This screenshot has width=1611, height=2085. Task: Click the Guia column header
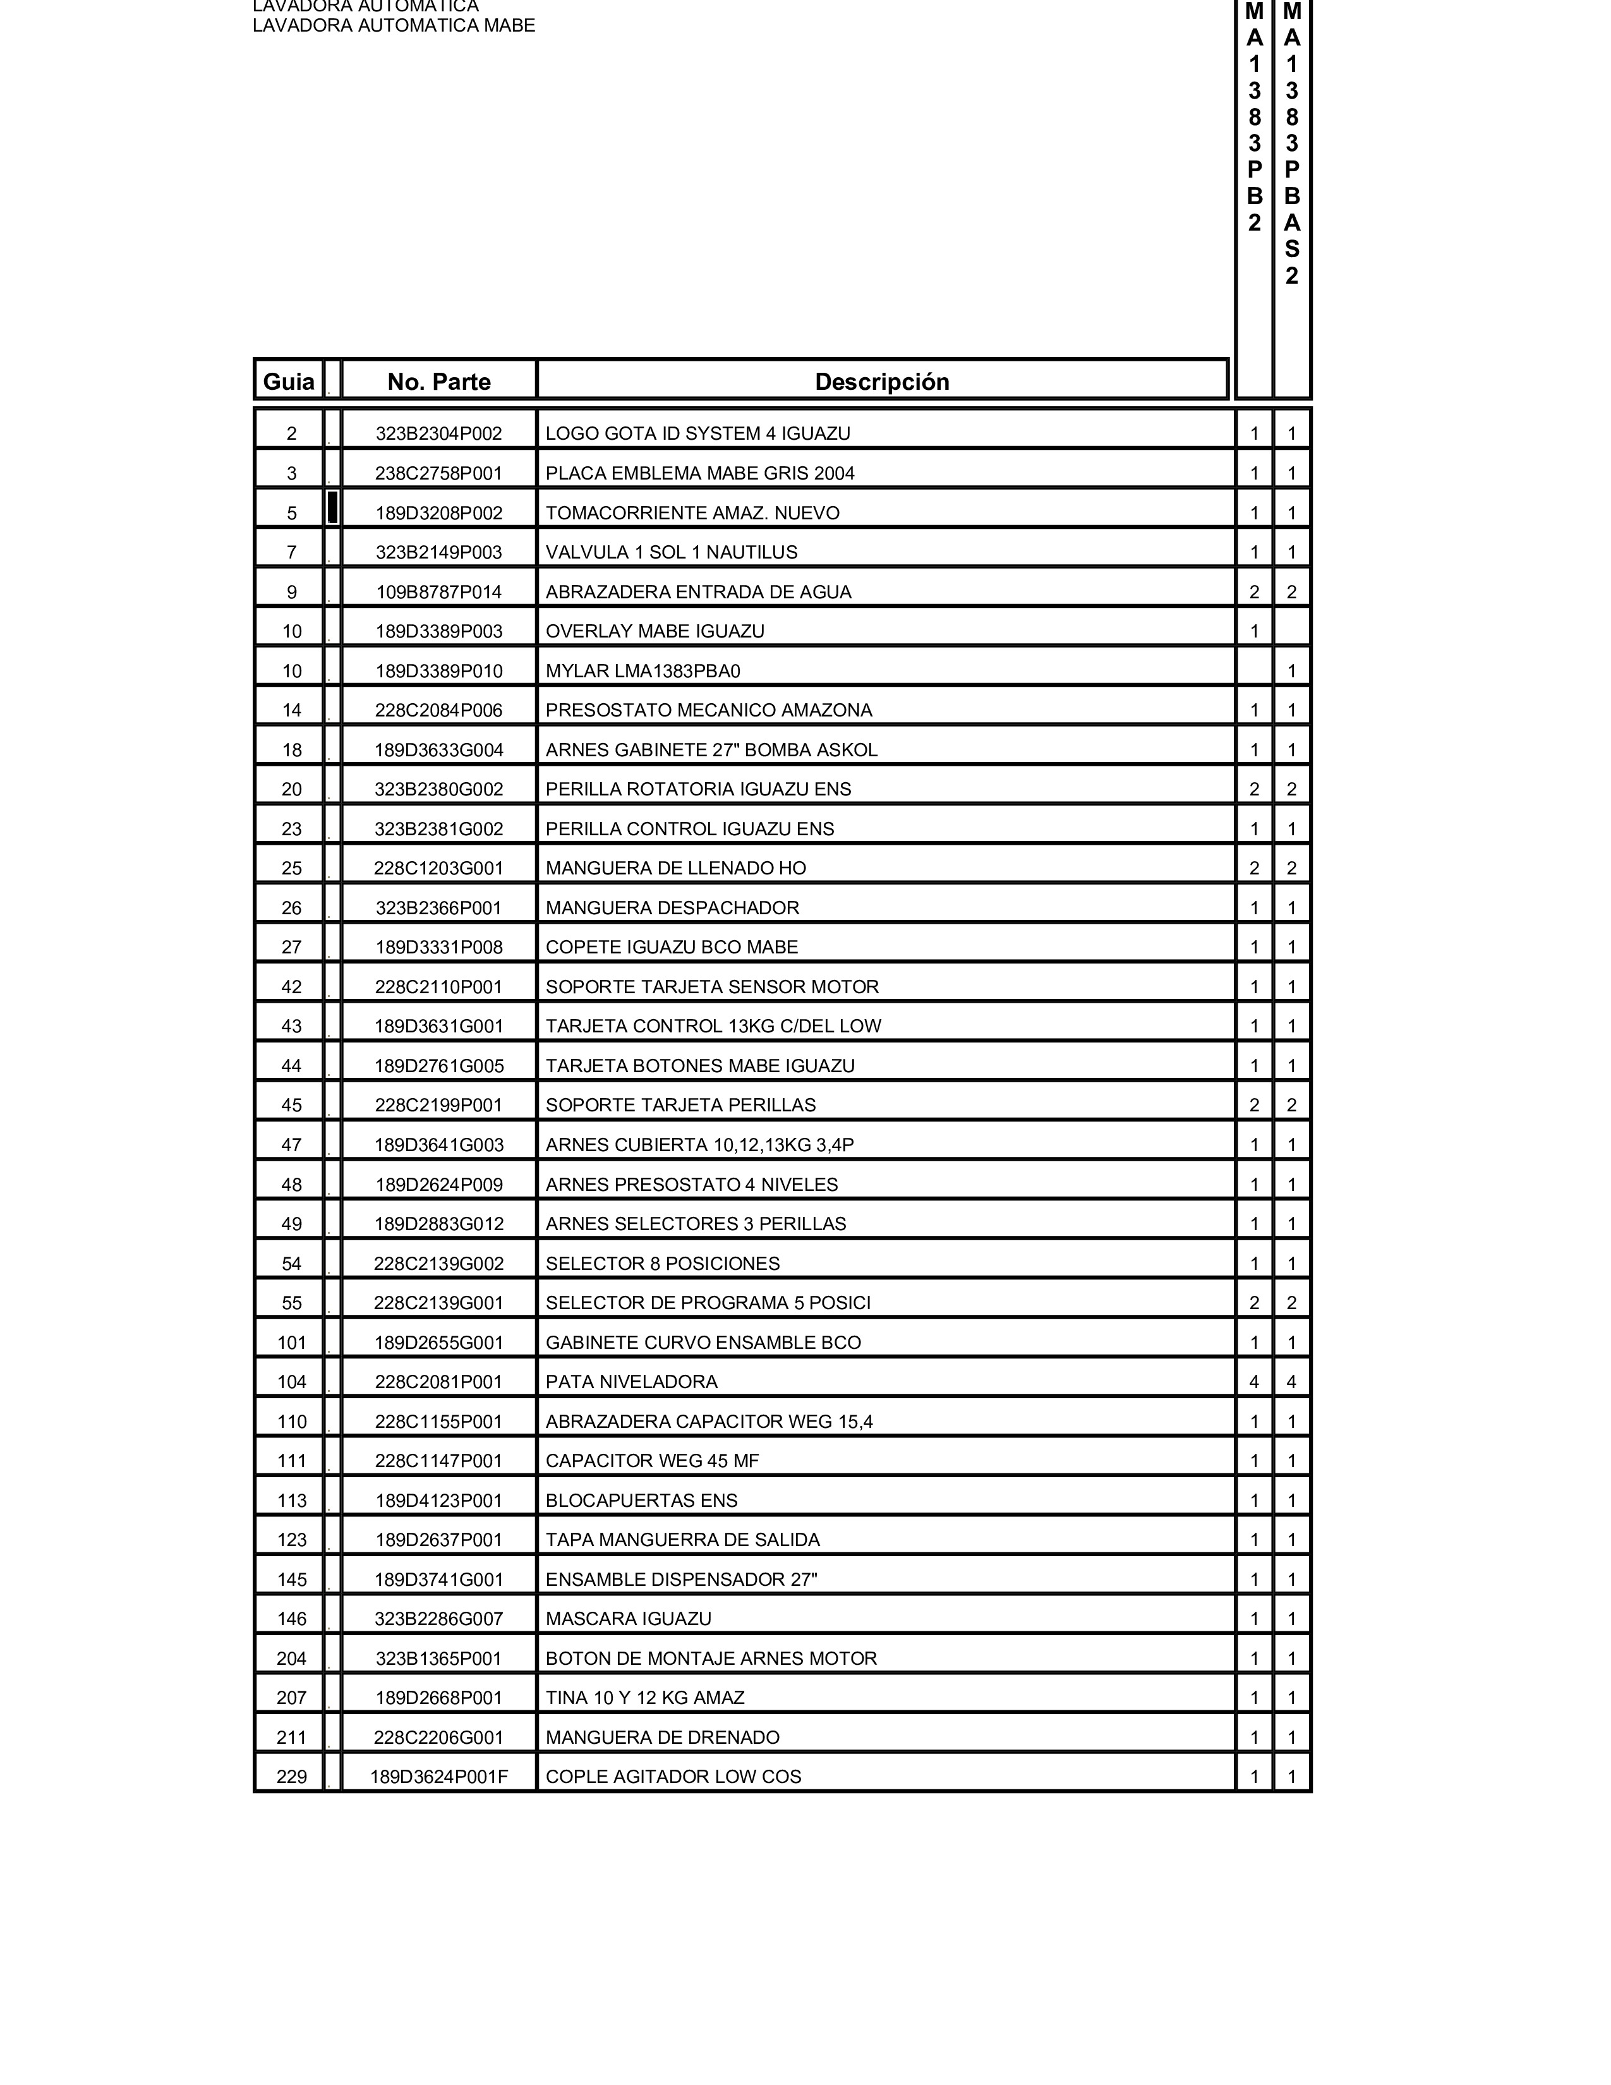288,382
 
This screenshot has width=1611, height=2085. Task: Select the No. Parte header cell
439,382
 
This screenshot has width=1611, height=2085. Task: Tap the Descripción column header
882,382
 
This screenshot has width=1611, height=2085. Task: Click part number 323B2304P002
439,433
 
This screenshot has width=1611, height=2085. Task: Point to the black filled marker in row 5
332,507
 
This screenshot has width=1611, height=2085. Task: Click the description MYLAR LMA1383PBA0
643,671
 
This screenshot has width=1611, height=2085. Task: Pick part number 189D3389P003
439,631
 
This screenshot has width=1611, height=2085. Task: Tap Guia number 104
292,1381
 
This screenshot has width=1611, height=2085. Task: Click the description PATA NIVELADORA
631,1381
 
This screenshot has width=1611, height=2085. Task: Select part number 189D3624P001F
439,1777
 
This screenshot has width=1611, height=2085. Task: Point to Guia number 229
292,1777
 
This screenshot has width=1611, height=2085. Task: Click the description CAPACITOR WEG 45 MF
652,1461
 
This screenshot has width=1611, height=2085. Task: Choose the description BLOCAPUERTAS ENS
641,1501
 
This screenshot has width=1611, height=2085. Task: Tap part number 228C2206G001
439,1737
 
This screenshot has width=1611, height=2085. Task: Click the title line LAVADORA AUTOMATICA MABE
393,26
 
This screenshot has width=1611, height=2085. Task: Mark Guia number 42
292,987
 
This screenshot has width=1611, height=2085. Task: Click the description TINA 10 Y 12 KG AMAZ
644,1698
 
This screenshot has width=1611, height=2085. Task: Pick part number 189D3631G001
439,1026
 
